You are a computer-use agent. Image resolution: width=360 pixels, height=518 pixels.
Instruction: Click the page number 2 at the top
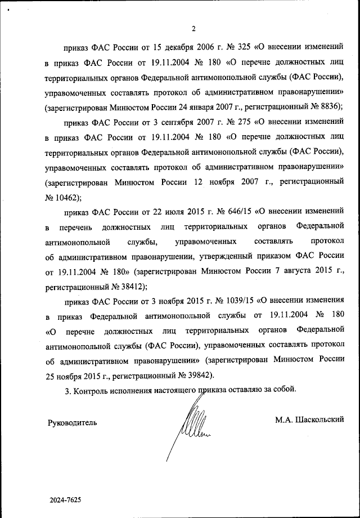tap(193, 29)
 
